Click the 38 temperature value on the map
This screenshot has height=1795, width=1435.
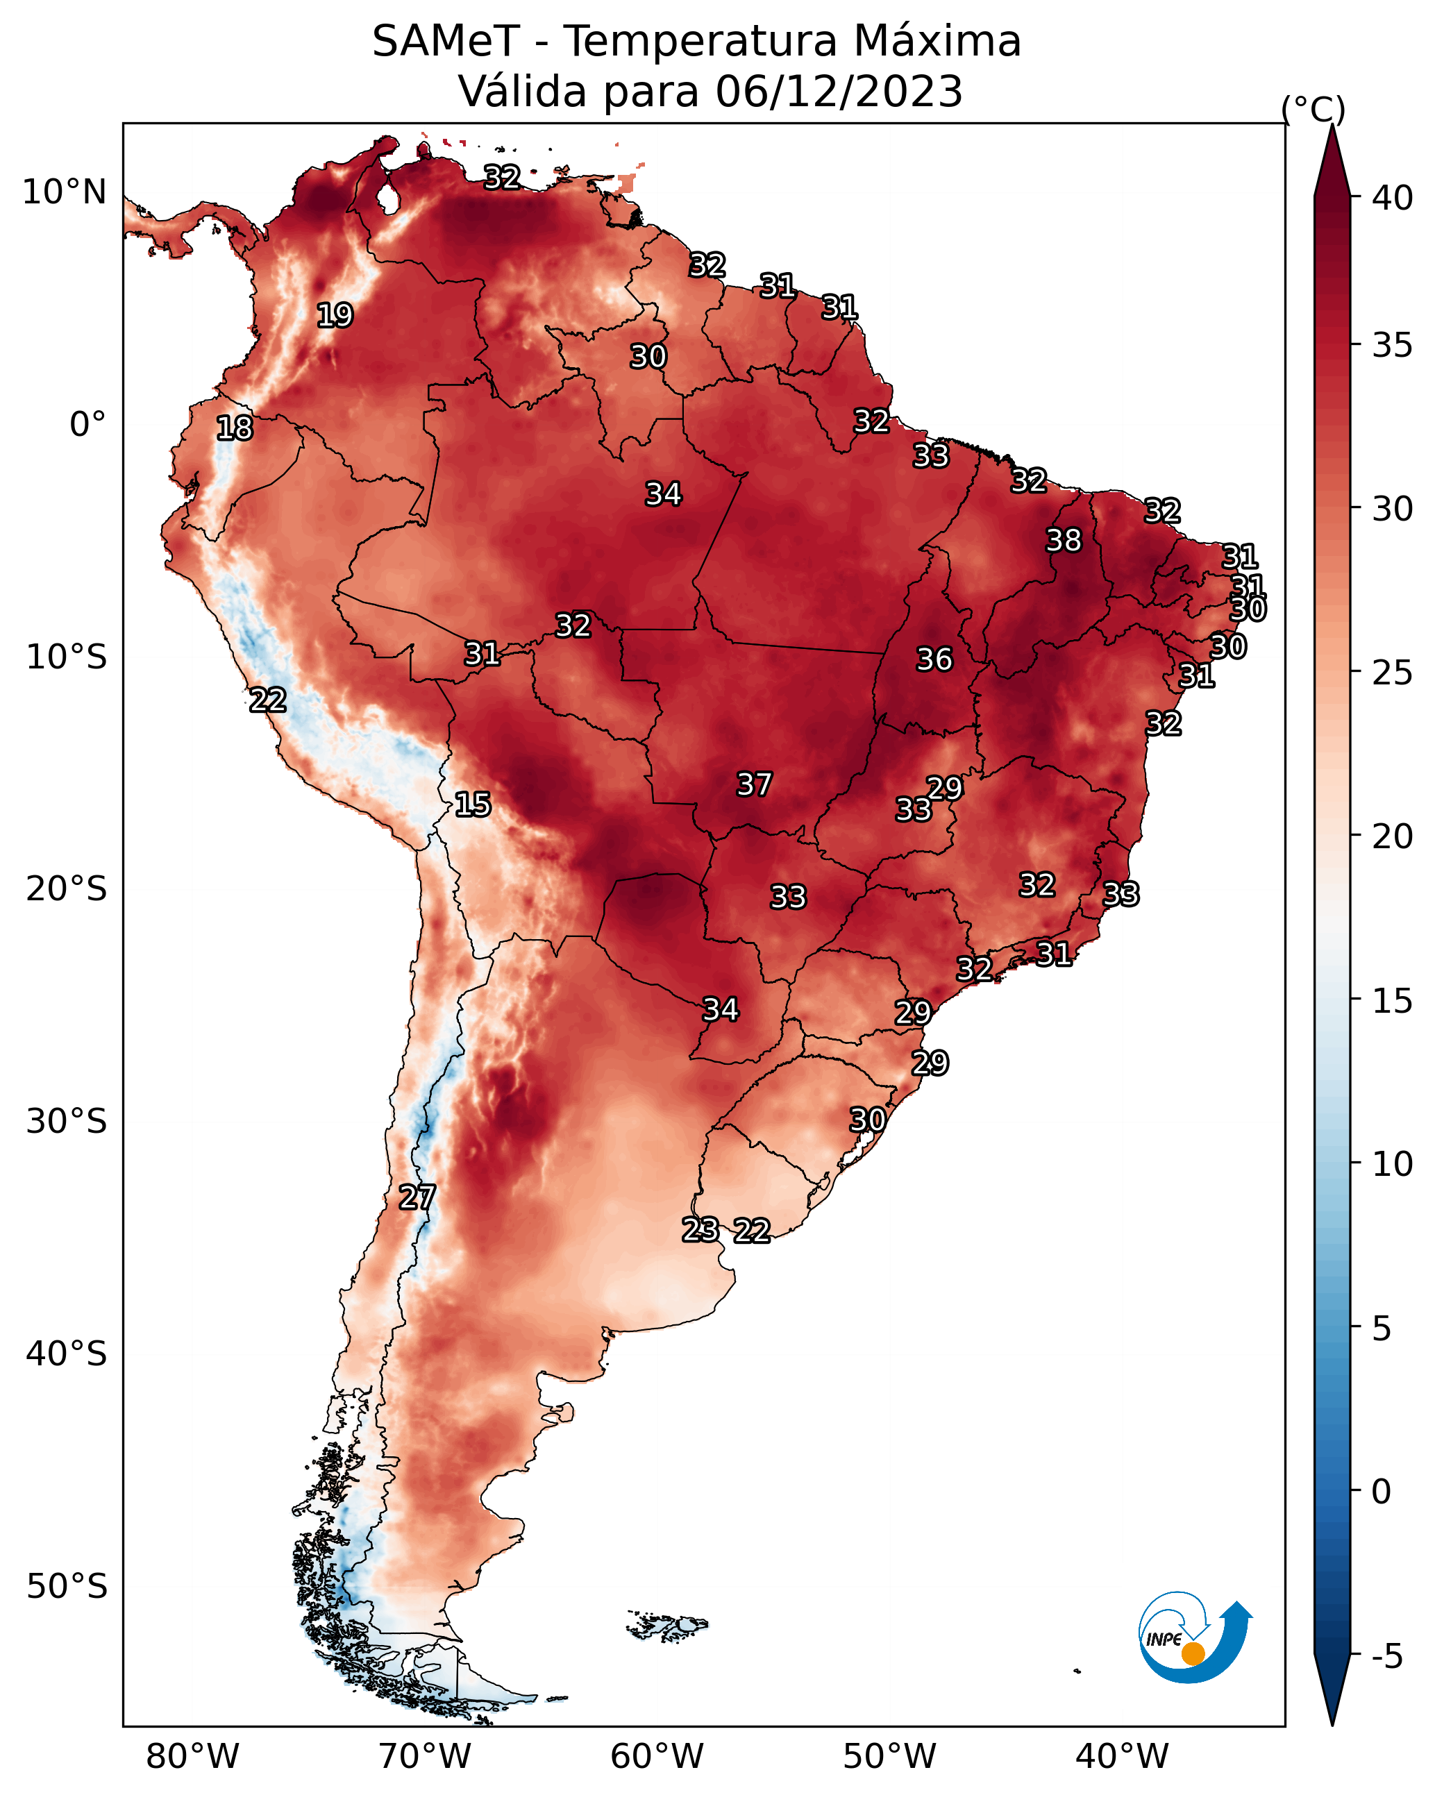[x=1064, y=540]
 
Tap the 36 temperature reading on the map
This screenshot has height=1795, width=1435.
[x=934, y=659]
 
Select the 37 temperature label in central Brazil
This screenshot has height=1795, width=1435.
[x=754, y=784]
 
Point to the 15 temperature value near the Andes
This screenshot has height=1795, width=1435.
[x=472, y=804]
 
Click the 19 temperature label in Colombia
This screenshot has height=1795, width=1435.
[x=335, y=316]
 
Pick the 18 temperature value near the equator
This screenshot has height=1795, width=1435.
[x=234, y=428]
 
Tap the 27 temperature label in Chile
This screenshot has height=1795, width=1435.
[x=417, y=1197]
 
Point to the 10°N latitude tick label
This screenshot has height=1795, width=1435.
[x=64, y=192]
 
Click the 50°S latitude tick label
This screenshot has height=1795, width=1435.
[x=67, y=1587]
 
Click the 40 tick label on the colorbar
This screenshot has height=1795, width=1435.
[x=1393, y=198]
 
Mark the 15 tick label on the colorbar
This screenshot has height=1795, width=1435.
[x=1393, y=1001]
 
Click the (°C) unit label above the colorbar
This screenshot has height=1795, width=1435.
[x=1314, y=109]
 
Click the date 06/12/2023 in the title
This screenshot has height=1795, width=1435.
[x=839, y=91]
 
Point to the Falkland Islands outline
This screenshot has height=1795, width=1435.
[x=667, y=1624]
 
